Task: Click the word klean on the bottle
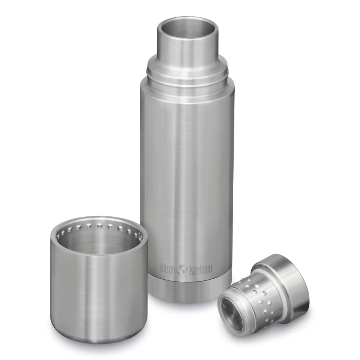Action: (x=168, y=268)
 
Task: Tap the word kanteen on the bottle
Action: (x=201, y=269)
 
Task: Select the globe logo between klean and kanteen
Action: (x=182, y=269)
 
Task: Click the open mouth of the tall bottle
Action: (x=187, y=27)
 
